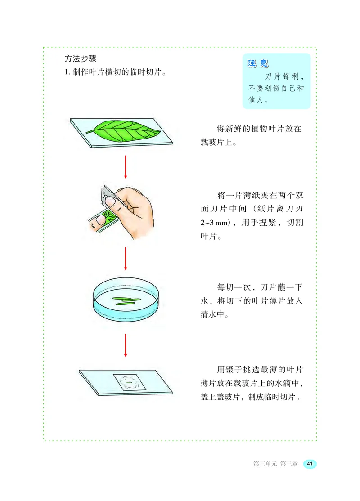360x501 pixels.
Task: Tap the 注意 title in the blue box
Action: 258,63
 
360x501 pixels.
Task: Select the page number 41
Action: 310,464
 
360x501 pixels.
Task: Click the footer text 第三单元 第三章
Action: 275,464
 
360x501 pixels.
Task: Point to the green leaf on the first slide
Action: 124,130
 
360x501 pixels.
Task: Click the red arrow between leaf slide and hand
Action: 126,166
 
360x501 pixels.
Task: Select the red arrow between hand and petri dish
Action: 126,259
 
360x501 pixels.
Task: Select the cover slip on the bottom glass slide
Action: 130,383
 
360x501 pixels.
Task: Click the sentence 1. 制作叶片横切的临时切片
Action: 114,72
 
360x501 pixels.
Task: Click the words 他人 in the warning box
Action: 255,101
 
